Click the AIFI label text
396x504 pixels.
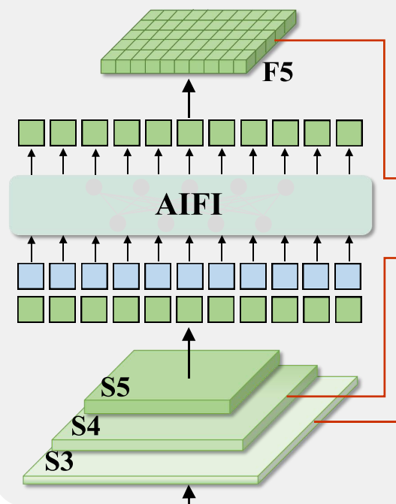point(189,204)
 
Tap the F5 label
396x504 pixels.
point(278,72)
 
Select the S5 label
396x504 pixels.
point(115,386)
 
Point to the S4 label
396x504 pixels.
point(86,425)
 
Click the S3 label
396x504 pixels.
point(59,461)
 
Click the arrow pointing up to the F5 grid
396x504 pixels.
point(189,98)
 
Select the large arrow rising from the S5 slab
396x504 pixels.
point(189,353)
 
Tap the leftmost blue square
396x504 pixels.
point(31,276)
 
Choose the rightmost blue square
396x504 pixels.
point(348,276)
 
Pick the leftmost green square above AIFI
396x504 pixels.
point(32,133)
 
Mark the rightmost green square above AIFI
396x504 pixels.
point(349,133)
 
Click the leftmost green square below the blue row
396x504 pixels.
point(31,309)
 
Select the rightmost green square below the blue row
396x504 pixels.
point(349,309)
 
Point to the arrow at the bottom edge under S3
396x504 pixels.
point(189,495)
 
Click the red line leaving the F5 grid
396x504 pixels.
point(385,109)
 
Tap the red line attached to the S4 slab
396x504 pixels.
point(385,327)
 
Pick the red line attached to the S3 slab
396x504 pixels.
point(355,421)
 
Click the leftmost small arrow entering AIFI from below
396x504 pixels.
point(32,249)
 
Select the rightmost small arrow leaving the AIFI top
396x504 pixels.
point(349,161)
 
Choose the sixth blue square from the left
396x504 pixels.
point(190,276)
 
